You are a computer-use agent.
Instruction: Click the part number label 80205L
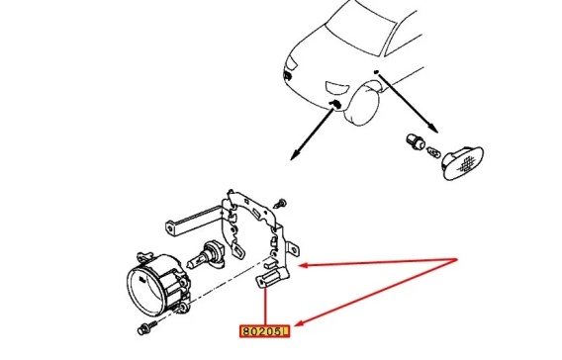pos(264,331)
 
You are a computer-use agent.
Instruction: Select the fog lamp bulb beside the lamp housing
pos(205,256)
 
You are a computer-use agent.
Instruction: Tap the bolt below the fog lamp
pos(147,327)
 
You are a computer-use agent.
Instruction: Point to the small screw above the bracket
pos(280,203)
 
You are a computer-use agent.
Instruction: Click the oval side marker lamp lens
pos(462,162)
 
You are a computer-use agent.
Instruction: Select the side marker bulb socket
pos(416,142)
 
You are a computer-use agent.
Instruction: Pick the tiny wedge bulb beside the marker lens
pos(433,154)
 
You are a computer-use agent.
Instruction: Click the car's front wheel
pos(361,103)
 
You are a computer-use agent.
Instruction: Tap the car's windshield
pos(360,28)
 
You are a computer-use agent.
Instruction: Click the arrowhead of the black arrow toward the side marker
pos(432,129)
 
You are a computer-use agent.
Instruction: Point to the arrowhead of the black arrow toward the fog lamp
pos(295,154)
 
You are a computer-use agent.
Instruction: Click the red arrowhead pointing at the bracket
pos(304,265)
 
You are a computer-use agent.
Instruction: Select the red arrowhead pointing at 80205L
pos(301,322)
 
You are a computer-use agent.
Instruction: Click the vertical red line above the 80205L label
pos(265,307)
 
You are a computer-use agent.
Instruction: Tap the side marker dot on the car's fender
pos(376,72)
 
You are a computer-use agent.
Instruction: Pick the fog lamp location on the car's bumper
pos(335,104)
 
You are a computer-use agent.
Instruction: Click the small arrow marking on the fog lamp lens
pos(142,279)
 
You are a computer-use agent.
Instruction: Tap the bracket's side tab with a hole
pos(293,250)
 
